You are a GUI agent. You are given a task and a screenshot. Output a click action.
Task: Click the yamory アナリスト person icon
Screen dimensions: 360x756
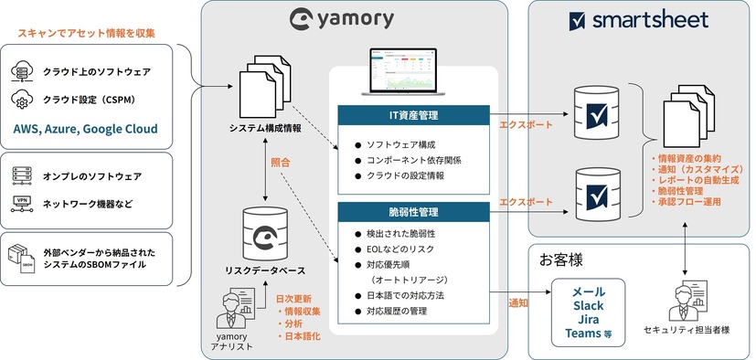click(x=228, y=309)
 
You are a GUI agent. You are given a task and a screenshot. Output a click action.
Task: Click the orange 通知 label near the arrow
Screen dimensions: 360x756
click(x=517, y=301)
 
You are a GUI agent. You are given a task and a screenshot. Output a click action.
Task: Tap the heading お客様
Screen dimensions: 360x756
click(x=565, y=256)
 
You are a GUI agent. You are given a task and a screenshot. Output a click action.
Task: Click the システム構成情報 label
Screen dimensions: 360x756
click(x=265, y=128)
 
